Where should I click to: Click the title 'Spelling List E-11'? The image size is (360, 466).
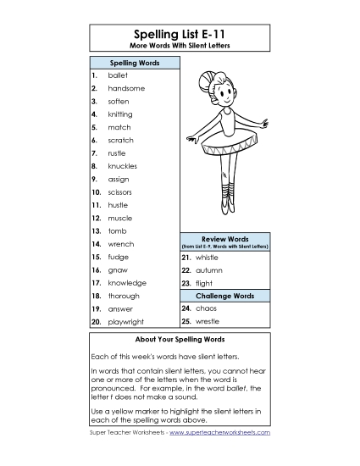[180, 32]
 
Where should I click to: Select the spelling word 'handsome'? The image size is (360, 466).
[126, 88]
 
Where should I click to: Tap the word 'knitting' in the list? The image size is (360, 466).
[120, 114]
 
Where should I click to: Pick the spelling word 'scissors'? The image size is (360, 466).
[120, 192]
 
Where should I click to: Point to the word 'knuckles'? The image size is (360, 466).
[123, 166]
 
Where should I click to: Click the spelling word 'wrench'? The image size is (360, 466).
[120, 244]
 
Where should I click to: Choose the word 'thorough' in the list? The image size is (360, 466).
[124, 296]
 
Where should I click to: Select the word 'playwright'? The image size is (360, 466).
[126, 322]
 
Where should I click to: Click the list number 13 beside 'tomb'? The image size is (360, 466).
[97, 230]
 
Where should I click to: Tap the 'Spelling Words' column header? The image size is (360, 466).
[134, 64]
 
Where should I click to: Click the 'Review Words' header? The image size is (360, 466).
[224, 239]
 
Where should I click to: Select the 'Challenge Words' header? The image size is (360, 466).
[224, 296]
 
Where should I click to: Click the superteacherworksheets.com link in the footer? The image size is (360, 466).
[219, 432]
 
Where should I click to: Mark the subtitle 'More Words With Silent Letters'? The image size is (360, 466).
[180, 44]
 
